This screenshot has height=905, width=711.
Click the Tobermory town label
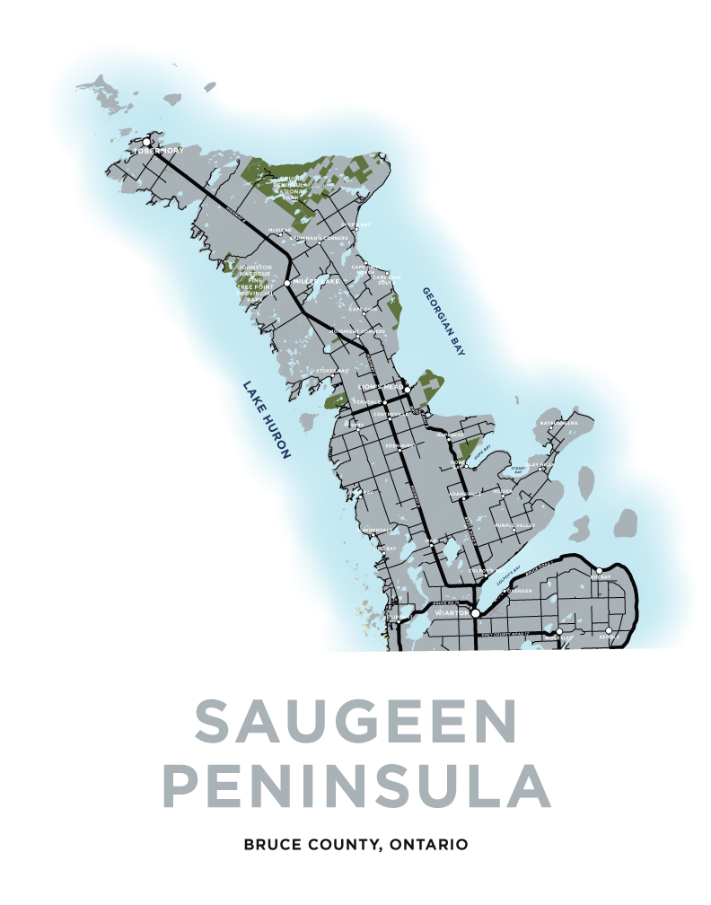(x=158, y=151)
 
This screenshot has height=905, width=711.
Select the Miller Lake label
(x=315, y=282)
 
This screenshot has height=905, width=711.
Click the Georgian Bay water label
(x=443, y=321)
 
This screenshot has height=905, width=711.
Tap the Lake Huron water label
(x=267, y=419)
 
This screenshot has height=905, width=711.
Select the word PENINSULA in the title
(x=355, y=784)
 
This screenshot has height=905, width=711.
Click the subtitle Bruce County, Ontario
(x=355, y=845)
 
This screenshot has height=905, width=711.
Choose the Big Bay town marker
(x=600, y=570)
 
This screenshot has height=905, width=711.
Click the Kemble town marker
(x=610, y=631)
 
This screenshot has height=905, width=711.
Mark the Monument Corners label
(x=358, y=331)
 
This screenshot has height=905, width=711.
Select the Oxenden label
(x=518, y=592)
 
